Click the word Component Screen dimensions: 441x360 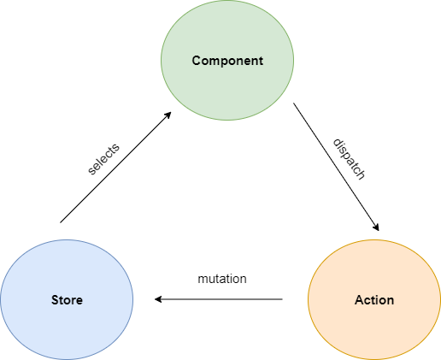coord(227,61)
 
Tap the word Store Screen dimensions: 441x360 coord(67,300)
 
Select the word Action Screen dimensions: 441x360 coord(374,300)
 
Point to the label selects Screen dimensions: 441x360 coord(103,159)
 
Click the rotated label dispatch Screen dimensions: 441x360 coord(350,159)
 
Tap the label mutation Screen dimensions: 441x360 coord(222,279)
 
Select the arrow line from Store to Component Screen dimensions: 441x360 coord(115,168)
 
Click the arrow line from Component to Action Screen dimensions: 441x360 coord(336,167)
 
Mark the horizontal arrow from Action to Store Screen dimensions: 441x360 coord(219,299)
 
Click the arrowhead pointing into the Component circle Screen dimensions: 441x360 coord(168,115)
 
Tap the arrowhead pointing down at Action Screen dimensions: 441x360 coord(377,227)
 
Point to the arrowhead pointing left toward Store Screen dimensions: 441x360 coord(158,299)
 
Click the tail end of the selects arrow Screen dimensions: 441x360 coord(61,222)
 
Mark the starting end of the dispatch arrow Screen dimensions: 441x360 coord(294,103)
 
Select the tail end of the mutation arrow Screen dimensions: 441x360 coord(282,299)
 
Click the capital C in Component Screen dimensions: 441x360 coord(197,61)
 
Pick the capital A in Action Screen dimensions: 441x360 coord(359,300)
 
